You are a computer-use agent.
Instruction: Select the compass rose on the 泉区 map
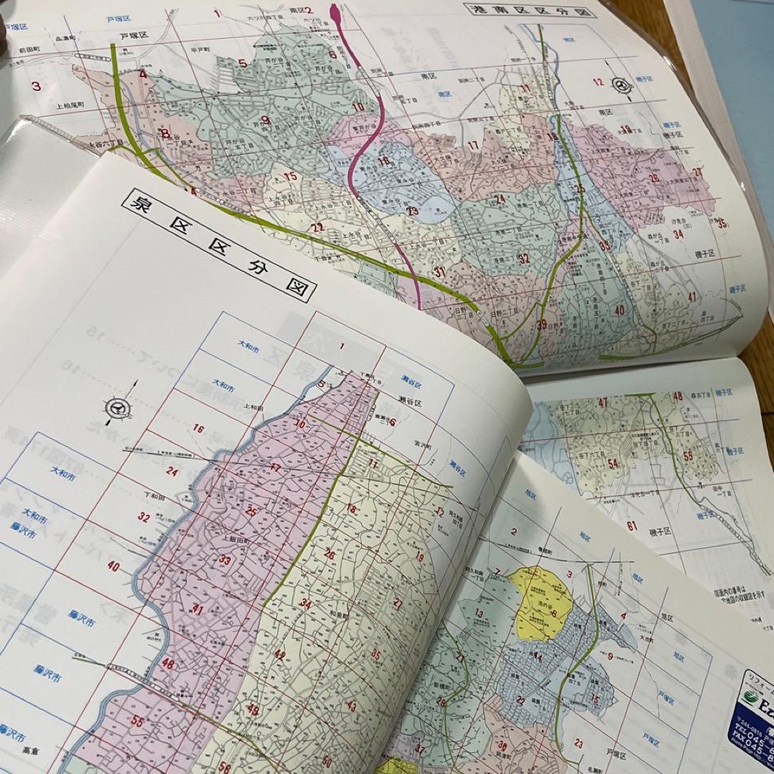coord(116,408)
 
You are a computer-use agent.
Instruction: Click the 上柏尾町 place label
coord(75,105)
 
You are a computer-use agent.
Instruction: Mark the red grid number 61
coord(631,526)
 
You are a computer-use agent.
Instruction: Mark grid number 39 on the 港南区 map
coord(542,324)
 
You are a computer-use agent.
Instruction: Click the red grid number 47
coord(603,403)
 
